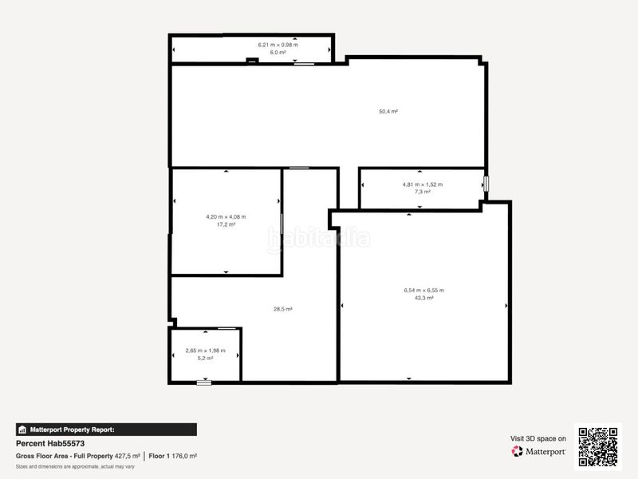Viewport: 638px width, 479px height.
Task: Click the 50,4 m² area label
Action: click(388, 112)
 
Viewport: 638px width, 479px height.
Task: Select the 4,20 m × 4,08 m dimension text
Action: click(226, 217)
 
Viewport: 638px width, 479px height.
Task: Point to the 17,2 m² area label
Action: click(226, 224)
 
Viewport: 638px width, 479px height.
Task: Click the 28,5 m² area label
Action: click(283, 309)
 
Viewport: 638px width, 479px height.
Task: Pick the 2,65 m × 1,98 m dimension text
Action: click(205, 350)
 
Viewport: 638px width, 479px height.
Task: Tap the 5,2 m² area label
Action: click(205, 358)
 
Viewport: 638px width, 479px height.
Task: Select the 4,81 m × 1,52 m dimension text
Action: click(422, 184)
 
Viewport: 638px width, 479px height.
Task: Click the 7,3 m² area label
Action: click(422, 192)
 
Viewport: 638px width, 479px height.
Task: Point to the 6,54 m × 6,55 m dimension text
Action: click(423, 291)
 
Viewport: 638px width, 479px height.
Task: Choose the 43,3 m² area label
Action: click(423, 298)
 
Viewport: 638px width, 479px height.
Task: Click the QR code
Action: click(598, 447)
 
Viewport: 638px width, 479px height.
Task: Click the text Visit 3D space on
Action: click(538, 438)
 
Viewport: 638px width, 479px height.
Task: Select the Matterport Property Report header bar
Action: click(106, 430)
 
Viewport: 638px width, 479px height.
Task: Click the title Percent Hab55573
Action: click(50, 443)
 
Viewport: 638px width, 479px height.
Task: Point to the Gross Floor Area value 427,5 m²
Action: click(128, 456)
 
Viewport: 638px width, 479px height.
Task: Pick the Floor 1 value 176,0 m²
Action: click(185, 456)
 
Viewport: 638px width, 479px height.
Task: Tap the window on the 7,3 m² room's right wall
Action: click(485, 184)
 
